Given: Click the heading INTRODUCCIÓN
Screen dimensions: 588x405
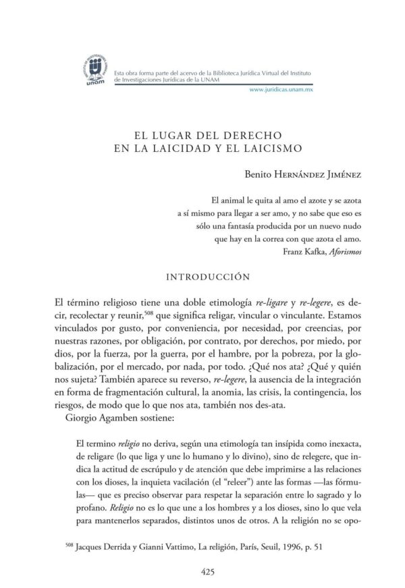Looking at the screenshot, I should click(x=202, y=276).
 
